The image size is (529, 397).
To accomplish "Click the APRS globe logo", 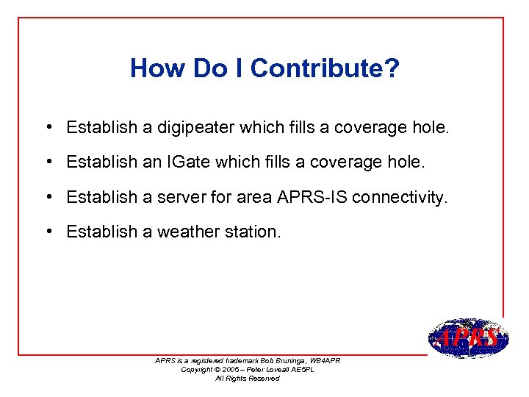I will [468, 338].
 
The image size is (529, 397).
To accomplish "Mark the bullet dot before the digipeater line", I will [46, 127].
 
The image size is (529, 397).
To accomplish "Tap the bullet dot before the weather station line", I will [46, 232].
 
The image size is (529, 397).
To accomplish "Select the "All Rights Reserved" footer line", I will [247, 378].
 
